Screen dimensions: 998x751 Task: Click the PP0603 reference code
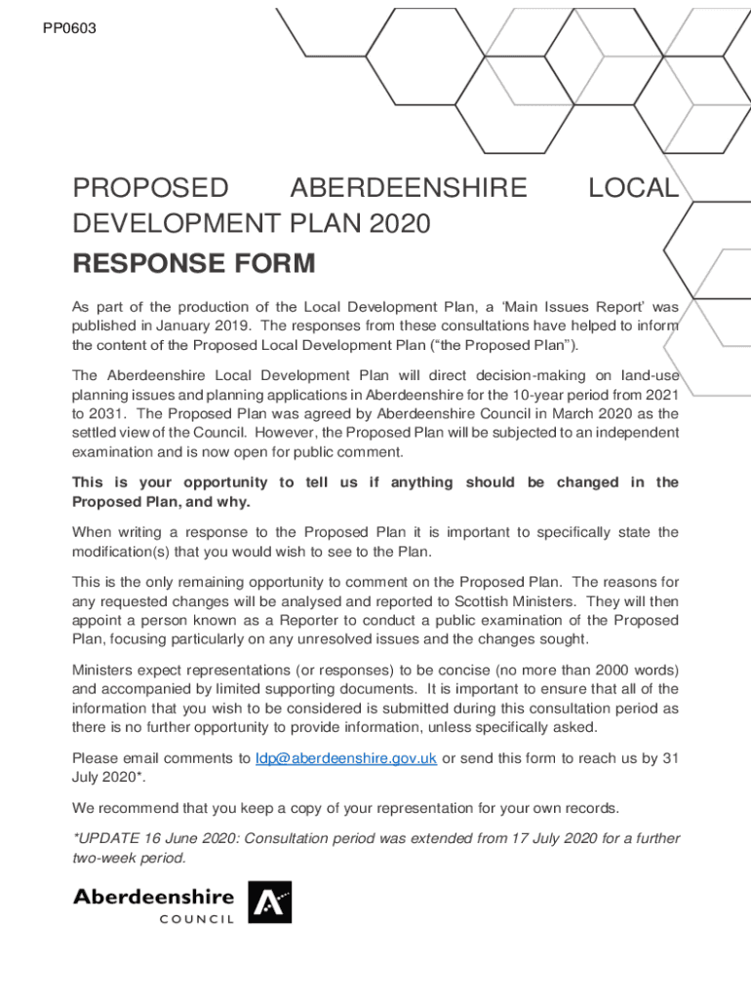(69, 28)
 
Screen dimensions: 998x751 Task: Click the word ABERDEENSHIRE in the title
(409, 187)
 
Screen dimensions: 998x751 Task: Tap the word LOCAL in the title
(634, 187)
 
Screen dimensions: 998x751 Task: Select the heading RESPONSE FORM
(194, 263)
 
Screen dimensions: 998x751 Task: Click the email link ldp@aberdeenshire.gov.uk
(345, 758)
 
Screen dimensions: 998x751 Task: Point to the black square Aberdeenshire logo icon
(270, 902)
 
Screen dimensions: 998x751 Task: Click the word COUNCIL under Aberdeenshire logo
(197, 920)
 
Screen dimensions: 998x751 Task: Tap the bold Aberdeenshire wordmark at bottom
(154, 897)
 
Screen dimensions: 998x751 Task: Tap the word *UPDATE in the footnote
(104, 838)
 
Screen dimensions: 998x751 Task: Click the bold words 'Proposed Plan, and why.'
(162, 502)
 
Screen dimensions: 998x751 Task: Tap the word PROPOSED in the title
(151, 187)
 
